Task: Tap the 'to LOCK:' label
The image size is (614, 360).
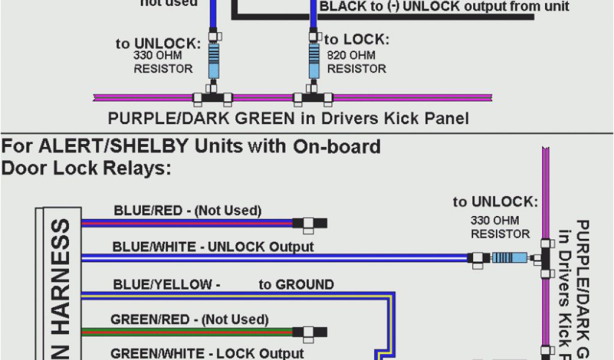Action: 357,40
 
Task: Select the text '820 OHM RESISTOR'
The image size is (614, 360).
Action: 356,62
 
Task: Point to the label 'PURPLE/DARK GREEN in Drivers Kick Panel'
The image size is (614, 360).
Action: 288,118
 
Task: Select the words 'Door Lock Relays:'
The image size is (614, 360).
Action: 86,169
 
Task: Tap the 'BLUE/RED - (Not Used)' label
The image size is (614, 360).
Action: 188,211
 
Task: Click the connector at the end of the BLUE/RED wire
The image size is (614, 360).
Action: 309,224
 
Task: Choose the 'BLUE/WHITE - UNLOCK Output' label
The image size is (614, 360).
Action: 213,247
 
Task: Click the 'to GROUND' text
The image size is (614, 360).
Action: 296,284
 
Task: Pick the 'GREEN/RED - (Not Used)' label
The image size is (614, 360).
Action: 189,320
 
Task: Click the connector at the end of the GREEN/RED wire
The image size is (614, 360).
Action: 309,332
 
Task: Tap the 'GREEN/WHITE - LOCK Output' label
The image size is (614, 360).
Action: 207,353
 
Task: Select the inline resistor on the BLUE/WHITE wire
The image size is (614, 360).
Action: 510,258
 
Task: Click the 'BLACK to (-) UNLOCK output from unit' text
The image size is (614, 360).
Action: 444,7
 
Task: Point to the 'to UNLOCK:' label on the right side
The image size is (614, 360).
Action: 495,202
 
